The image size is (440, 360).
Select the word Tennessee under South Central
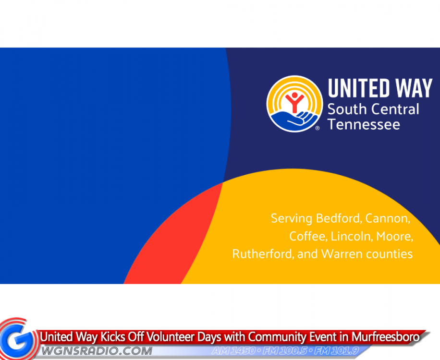[364, 124]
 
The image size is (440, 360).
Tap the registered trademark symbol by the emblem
[318, 128]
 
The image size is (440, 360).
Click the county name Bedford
[339, 218]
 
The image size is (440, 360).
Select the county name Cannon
[388, 219]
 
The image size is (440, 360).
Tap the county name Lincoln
[352, 236]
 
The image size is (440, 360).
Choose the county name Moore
[394, 237]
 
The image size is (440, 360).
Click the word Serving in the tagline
[292, 219]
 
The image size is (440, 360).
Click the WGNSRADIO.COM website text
[97, 351]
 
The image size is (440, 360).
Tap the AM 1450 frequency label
[234, 350]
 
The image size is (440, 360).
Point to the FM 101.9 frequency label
[337, 350]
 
